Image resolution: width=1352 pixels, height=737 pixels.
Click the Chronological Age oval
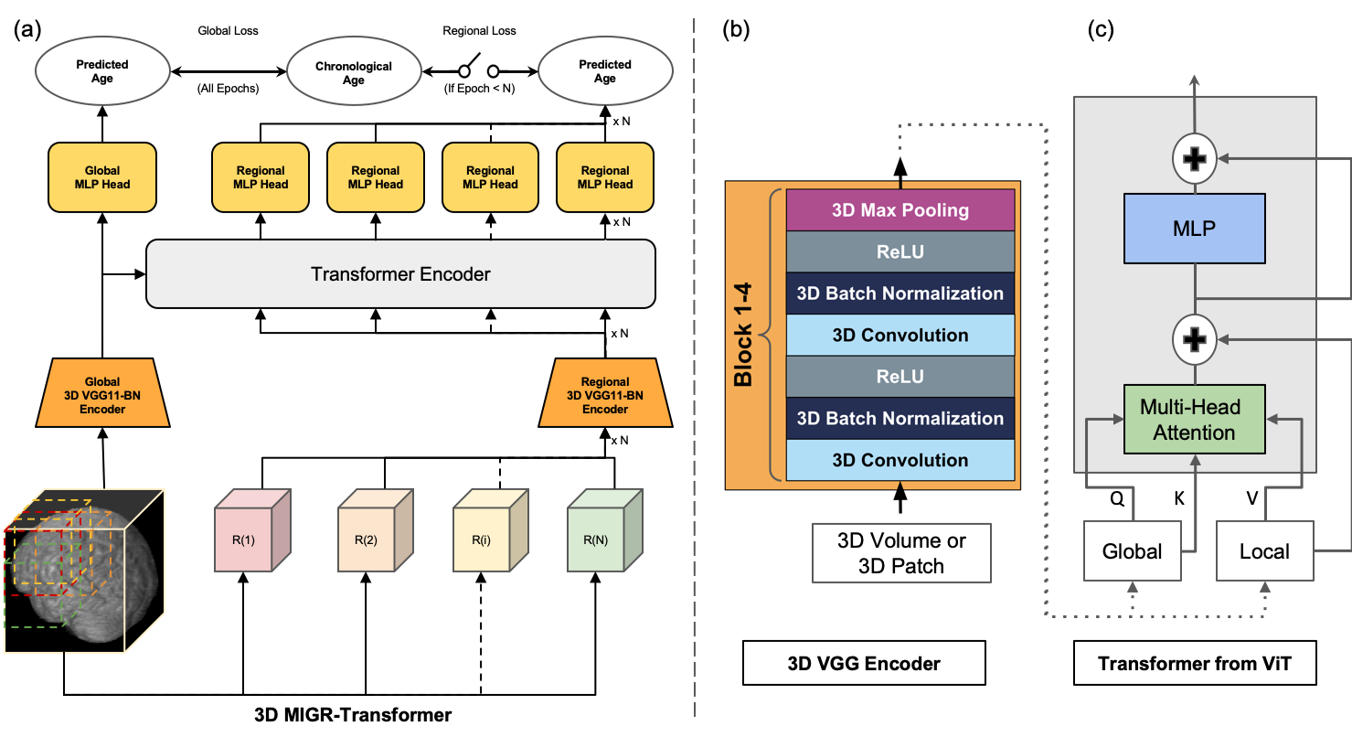[x=354, y=73]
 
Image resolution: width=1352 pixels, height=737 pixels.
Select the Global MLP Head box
[x=102, y=177]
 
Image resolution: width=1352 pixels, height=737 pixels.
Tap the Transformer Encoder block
[x=400, y=273]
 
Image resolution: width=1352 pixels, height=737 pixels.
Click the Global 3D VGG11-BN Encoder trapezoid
[x=102, y=395]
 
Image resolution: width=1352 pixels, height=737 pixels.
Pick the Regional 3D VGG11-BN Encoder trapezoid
[x=605, y=395]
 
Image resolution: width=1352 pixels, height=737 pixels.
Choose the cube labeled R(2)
[x=366, y=539]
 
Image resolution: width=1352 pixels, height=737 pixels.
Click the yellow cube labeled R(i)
[x=481, y=539]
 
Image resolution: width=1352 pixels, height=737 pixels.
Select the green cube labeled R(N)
[x=595, y=539]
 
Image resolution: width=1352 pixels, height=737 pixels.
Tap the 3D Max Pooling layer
[x=900, y=210]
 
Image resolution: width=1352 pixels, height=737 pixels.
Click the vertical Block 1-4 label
[x=744, y=335]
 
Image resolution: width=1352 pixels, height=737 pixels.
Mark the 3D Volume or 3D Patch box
[x=901, y=552]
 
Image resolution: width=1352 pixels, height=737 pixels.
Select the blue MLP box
[x=1195, y=228]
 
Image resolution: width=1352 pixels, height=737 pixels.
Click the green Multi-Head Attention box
[x=1195, y=420]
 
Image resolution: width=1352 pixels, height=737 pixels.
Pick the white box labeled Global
[x=1133, y=551]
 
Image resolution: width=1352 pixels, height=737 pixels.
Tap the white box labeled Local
[x=1264, y=551]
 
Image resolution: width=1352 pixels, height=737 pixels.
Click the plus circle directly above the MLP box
[x=1195, y=159]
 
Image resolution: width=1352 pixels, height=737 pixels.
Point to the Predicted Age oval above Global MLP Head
[x=102, y=71]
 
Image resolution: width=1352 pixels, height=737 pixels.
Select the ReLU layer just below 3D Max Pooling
[x=900, y=251]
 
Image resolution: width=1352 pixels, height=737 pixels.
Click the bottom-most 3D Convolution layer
[x=900, y=460]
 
